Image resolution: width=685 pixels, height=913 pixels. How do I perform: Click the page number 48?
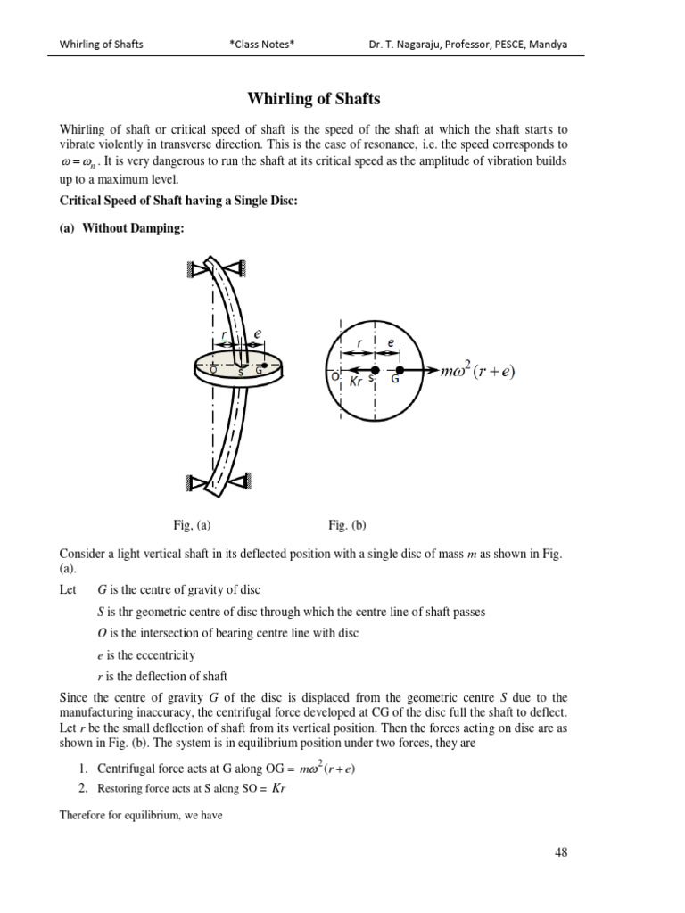[561, 852]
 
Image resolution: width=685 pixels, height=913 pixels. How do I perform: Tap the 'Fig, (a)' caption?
[193, 525]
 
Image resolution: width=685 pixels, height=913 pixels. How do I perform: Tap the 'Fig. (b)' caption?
[347, 525]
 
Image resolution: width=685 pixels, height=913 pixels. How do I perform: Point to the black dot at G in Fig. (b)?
[400, 369]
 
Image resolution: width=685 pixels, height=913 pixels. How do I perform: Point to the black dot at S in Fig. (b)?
[375, 369]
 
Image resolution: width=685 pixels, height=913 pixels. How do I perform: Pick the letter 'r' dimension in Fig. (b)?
[359, 341]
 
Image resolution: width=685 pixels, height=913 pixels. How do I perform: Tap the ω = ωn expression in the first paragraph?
[78, 161]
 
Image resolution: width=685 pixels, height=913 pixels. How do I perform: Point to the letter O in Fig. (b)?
[333, 378]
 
